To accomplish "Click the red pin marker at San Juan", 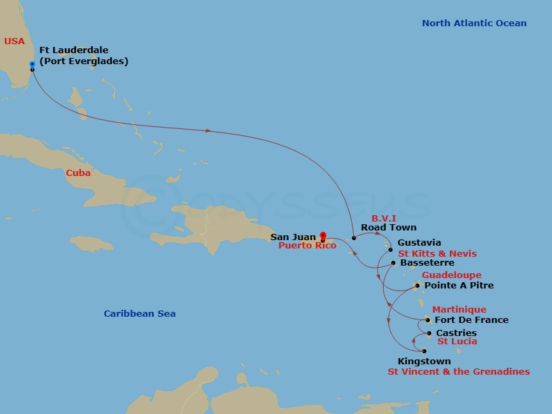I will tap(323, 237).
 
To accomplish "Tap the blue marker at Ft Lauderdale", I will tap(32, 65).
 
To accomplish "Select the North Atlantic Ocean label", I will tap(474, 23).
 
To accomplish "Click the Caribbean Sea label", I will tap(139, 314).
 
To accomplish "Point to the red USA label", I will tap(14, 41).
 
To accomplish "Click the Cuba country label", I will tap(78, 173).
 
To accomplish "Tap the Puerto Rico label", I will tap(307, 246).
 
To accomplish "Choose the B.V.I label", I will tap(384, 219).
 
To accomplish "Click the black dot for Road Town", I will tap(354, 238).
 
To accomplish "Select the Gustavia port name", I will tap(419, 243).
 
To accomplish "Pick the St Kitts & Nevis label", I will tap(437, 254).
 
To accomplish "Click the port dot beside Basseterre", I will tap(393, 262).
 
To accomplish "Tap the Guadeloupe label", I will tap(452, 275).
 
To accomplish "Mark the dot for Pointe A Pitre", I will tap(417, 285).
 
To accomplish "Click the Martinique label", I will tap(459, 310).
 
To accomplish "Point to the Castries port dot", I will tap(429, 333).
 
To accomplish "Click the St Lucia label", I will tap(457, 342).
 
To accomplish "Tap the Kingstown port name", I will tap(424, 362).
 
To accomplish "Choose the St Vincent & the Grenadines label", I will tap(459, 372).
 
